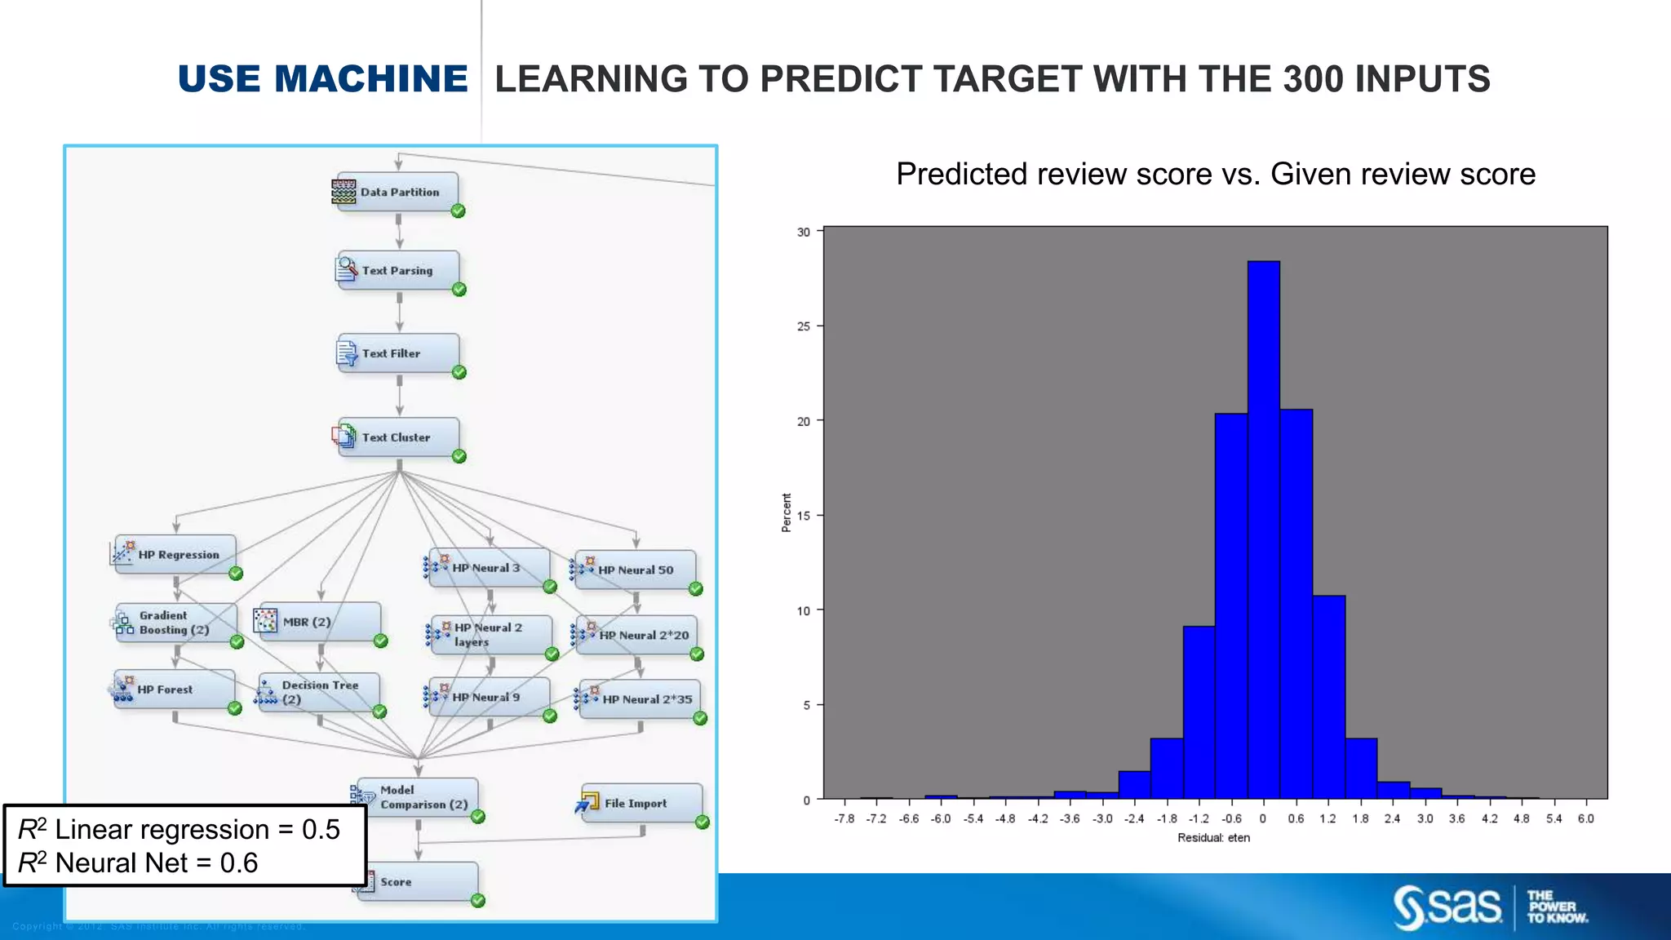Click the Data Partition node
tap(397, 193)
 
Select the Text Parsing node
tap(398, 271)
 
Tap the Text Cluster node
tap(398, 437)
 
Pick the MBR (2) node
tap(319, 622)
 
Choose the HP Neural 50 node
tap(636, 570)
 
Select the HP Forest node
tap(175, 689)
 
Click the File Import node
tap(641, 804)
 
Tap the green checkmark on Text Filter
tap(459, 373)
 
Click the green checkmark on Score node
tap(478, 901)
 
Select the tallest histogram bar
tap(1263, 530)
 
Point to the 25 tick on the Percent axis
tap(804, 326)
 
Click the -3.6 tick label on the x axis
tap(1070, 818)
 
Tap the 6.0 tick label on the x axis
tap(1585, 818)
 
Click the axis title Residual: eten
tap(1213, 838)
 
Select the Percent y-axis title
tap(787, 512)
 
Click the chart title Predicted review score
tap(1215, 174)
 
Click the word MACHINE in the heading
tap(371, 79)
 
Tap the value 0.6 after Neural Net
tap(239, 863)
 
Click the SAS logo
tap(1447, 907)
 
